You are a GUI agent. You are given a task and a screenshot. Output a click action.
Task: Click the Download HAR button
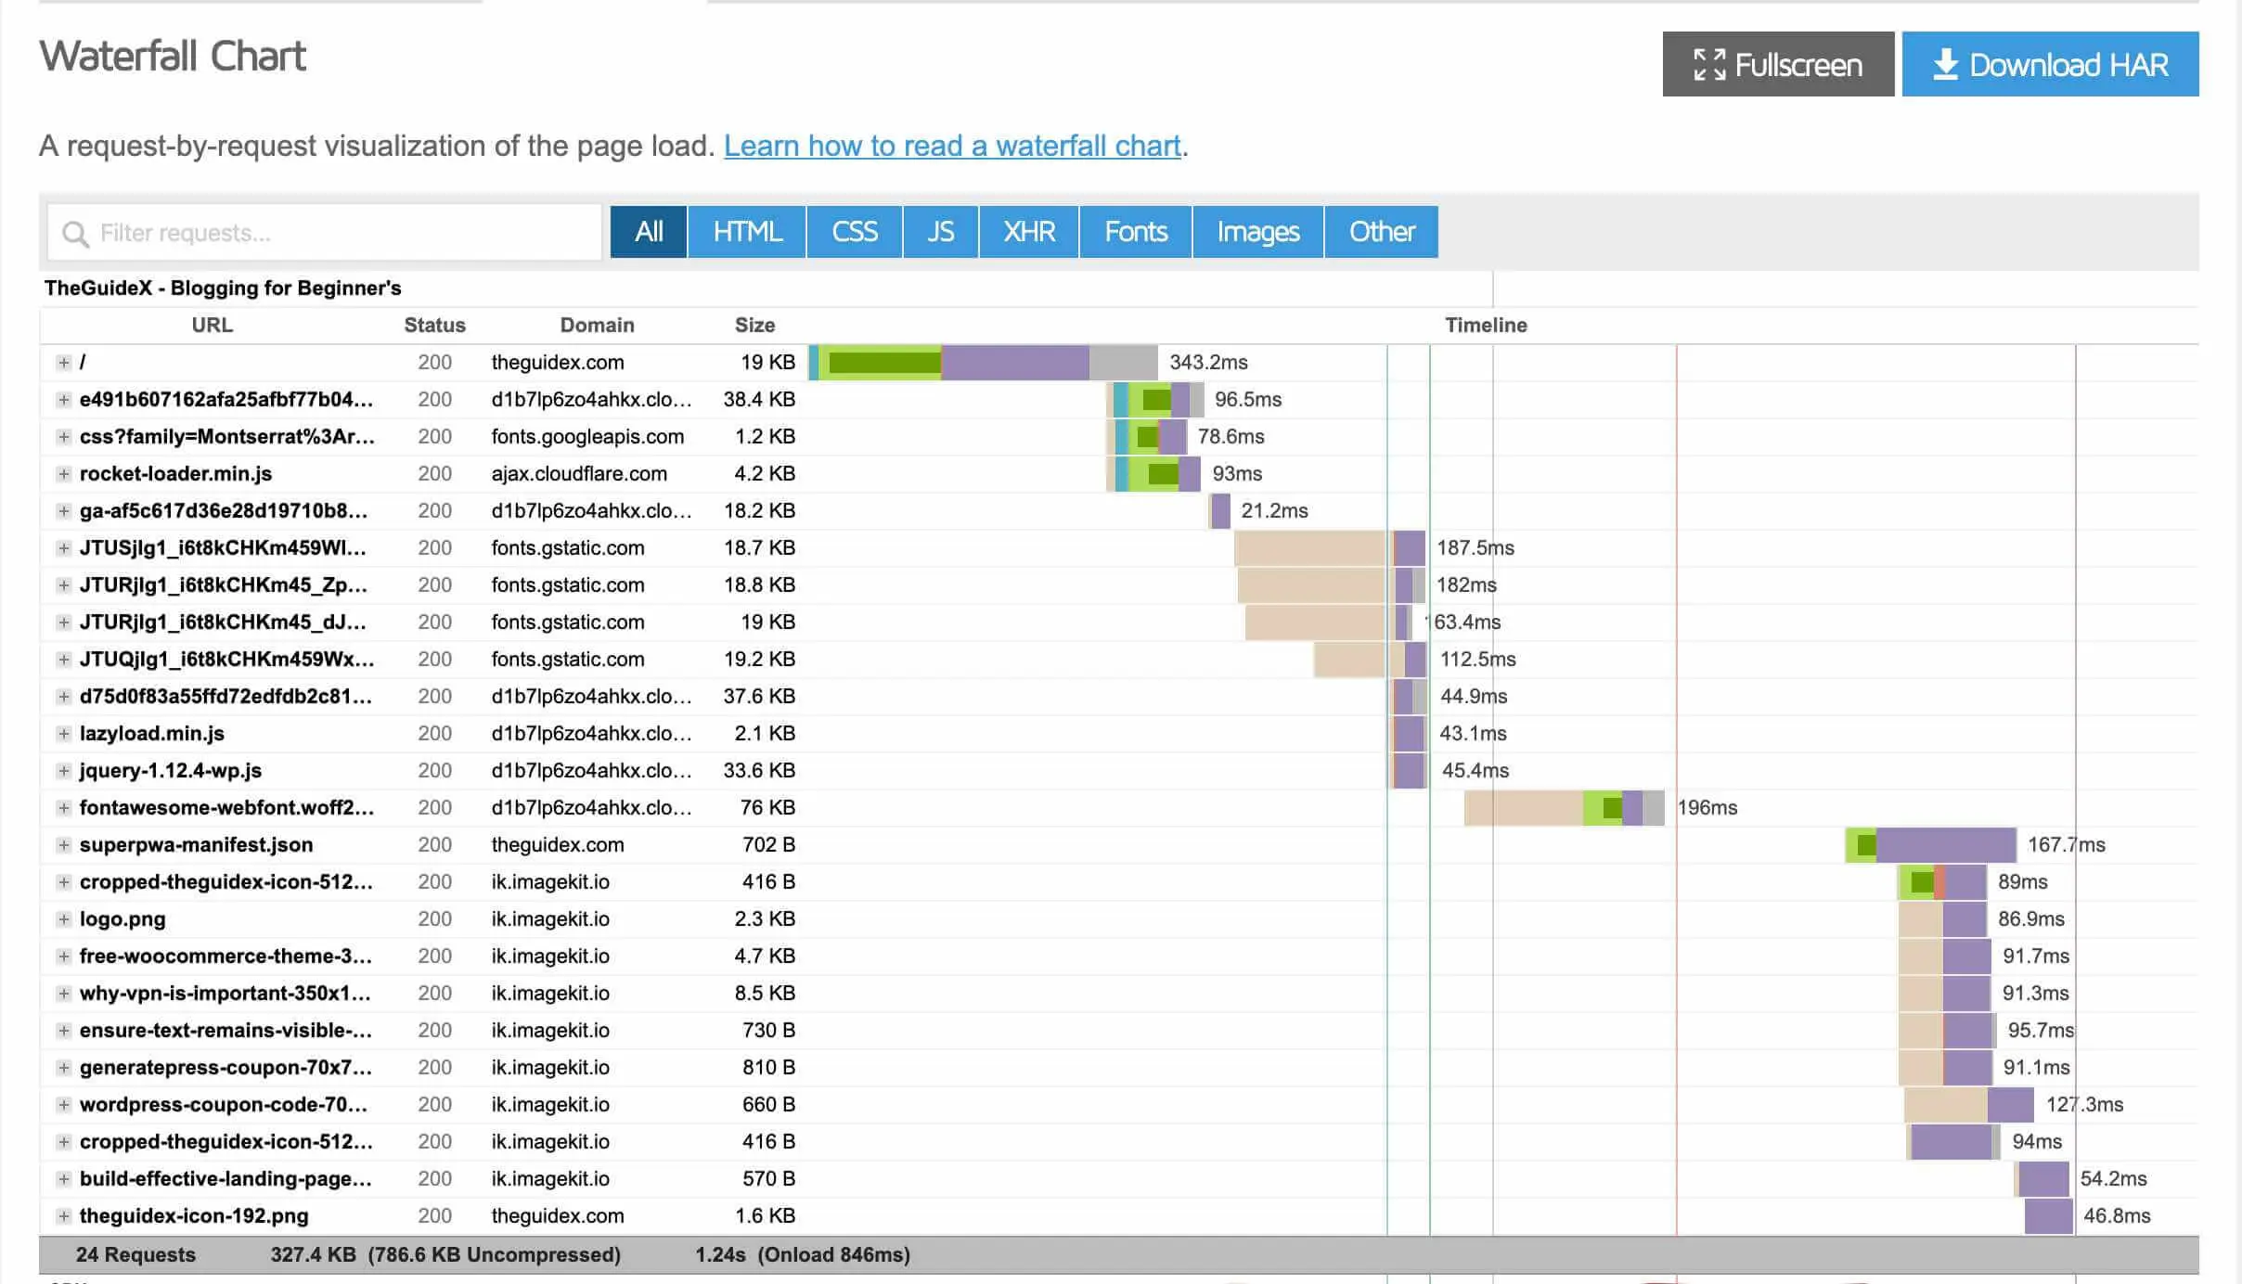[2049, 64]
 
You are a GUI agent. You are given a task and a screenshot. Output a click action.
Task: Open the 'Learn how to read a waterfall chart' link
[951, 146]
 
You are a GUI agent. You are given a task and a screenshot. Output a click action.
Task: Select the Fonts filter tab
[1135, 232]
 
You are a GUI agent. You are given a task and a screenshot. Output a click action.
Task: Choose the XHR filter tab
[1028, 232]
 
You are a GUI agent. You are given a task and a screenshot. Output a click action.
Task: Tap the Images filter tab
[1257, 232]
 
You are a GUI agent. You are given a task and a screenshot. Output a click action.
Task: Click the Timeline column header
[1485, 325]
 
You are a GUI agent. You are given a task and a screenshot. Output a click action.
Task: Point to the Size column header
[754, 325]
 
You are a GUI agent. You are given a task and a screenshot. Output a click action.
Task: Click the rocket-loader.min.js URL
[175, 473]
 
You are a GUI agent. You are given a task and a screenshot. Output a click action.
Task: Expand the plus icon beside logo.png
[63, 918]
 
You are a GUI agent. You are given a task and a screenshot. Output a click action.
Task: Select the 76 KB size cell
[767, 807]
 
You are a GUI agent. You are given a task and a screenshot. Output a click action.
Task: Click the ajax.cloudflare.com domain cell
[579, 473]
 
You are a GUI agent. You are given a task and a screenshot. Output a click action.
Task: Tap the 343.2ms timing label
[1208, 362]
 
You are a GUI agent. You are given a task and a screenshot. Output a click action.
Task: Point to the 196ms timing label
[1707, 807]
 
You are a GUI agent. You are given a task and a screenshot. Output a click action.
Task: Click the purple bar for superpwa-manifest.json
[1945, 844]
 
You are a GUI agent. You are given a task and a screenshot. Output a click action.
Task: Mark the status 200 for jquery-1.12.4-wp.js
[434, 770]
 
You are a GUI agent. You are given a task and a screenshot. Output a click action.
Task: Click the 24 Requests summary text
[135, 1254]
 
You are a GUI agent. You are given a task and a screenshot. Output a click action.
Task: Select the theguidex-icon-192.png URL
[194, 1215]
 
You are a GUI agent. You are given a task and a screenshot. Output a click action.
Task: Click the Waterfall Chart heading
[173, 56]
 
